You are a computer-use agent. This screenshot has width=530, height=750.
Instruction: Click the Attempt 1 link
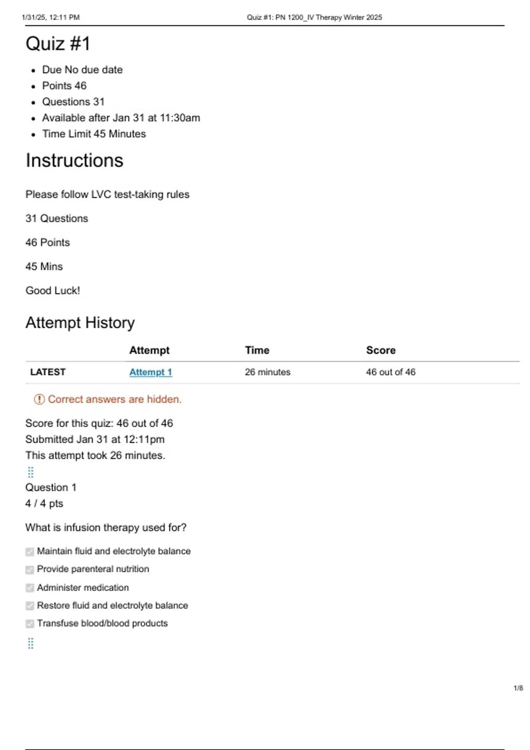coord(150,372)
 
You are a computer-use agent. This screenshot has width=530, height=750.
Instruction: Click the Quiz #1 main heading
coord(58,44)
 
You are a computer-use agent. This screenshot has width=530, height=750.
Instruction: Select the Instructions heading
coord(74,160)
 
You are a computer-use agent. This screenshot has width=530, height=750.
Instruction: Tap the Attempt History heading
coord(80,322)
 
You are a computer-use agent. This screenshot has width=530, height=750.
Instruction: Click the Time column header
coord(257,350)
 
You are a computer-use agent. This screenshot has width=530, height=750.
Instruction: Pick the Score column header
coord(380,350)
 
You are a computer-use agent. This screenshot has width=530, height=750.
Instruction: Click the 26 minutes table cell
coord(267,372)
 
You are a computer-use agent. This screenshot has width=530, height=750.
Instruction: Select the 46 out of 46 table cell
coord(390,372)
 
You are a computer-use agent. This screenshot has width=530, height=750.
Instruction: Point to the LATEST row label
coord(48,372)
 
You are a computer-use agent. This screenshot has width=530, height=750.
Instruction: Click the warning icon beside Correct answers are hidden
coord(39,399)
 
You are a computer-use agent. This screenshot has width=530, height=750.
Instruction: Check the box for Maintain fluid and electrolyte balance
coord(30,551)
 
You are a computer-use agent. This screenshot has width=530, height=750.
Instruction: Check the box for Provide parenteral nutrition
coord(30,570)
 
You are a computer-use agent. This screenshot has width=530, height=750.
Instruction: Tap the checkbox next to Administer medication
coord(30,588)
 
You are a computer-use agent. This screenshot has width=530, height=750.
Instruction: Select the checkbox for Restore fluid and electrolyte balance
coord(30,606)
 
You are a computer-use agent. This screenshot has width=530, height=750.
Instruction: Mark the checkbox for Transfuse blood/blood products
coord(30,623)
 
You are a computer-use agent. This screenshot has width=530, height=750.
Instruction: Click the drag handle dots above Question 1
coord(30,472)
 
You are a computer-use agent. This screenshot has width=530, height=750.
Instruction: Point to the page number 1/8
coord(518,688)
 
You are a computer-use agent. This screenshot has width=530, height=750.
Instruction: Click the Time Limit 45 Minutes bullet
coord(94,134)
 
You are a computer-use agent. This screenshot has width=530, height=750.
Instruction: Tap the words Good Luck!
coord(53,290)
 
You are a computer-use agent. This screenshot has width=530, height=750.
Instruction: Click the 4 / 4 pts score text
coord(44,503)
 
